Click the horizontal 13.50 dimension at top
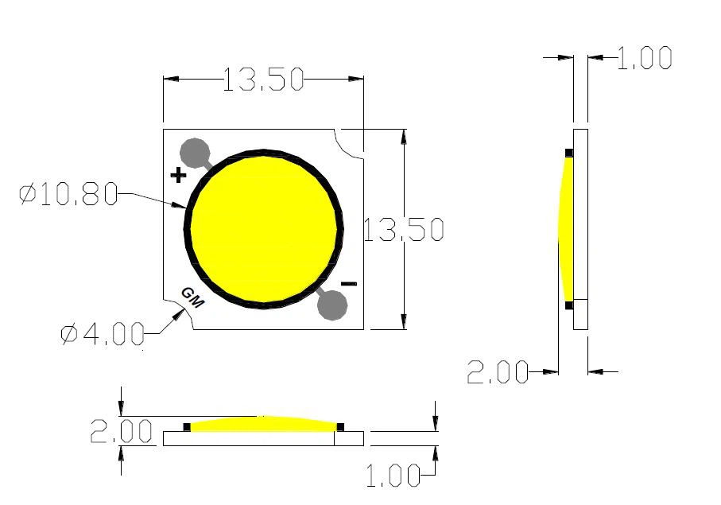pyautogui.click(x=263, y=80)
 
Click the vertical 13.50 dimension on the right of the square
pyautogui.click(x=403, y=230)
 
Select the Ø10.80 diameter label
pyautogui.click(x=68, y=194)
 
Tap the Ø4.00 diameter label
pyautogui.click(x=103, y=334)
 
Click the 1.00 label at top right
pyautogui.click(x=644, y=58)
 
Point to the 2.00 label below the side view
pyautogui.click(x=498, y=371)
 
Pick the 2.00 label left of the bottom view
pyautogui.click(x=121, y=432)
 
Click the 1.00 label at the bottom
pyautogui.click(x=393, y=476)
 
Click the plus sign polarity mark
pyautogui.click(x=178, y=174)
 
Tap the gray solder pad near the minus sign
pyautogui.click(x=331, y=305)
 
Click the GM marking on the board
pyautogui.click(x=193, y=297)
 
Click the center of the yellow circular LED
pyautogui.click(x=266, y=228)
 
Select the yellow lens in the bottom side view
pyautogui.click(x=263, y=423)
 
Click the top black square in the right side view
pyautogui.click(x=569, y=153)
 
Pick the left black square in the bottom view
pyautogui.click(x=187, y=427)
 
